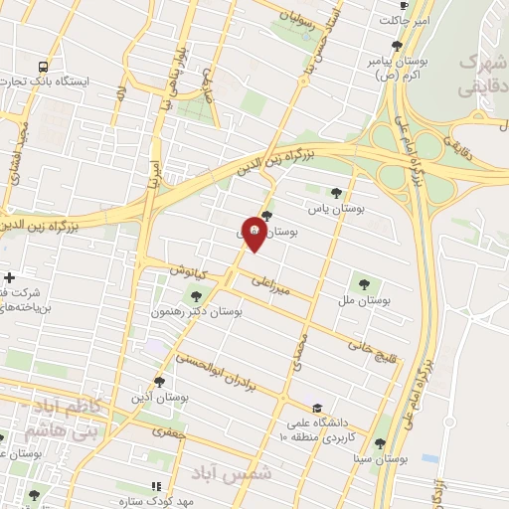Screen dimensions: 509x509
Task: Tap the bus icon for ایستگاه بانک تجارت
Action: pos(41,66)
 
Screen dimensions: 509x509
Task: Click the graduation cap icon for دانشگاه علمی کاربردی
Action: pos(317,408)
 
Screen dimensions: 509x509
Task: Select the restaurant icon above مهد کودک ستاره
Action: pos(155,485)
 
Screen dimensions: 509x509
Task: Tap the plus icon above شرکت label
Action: pos(9,277)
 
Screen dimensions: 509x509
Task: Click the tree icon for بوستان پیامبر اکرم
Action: pos(397,45)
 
